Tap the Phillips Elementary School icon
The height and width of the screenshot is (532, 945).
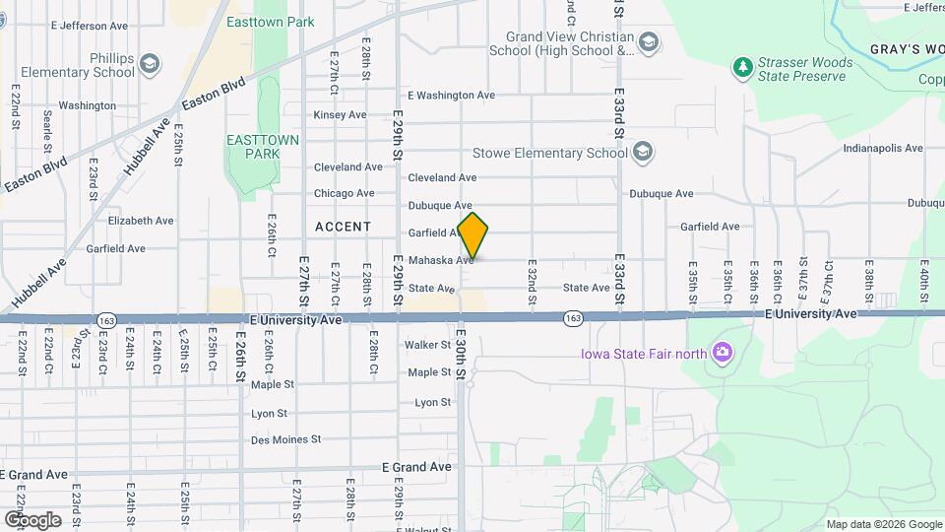(150, 65)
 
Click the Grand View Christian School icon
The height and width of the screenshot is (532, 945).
(648, 42)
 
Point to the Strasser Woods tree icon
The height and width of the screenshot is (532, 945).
(743, 68)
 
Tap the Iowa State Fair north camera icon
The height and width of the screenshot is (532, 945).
(722, 352)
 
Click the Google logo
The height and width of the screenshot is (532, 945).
(32, 519)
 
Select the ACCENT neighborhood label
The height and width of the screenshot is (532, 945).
(344, 227)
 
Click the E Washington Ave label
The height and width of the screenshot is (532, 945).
(451, 96)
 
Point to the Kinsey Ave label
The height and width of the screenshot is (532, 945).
(340, 115)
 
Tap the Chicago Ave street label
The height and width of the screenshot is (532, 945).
(344, 193)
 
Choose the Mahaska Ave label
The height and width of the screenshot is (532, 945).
(441, 260)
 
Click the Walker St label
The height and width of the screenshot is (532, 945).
(428, 345)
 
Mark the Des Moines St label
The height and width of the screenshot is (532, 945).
(286, 439)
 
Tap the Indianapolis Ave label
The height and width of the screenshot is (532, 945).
(883, 149)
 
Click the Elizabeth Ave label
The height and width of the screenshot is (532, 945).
(141, 221)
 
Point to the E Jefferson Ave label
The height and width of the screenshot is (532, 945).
(90, 25)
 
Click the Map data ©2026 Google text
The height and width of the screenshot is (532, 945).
(882, 524)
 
